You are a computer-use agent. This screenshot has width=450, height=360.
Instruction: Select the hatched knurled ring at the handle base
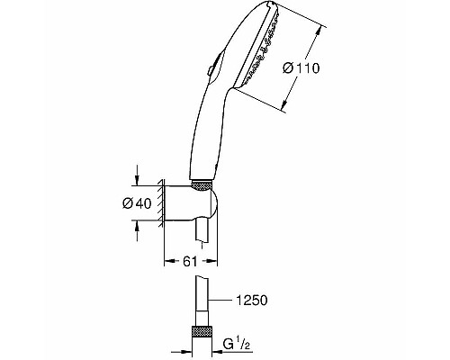click(206, 185)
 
